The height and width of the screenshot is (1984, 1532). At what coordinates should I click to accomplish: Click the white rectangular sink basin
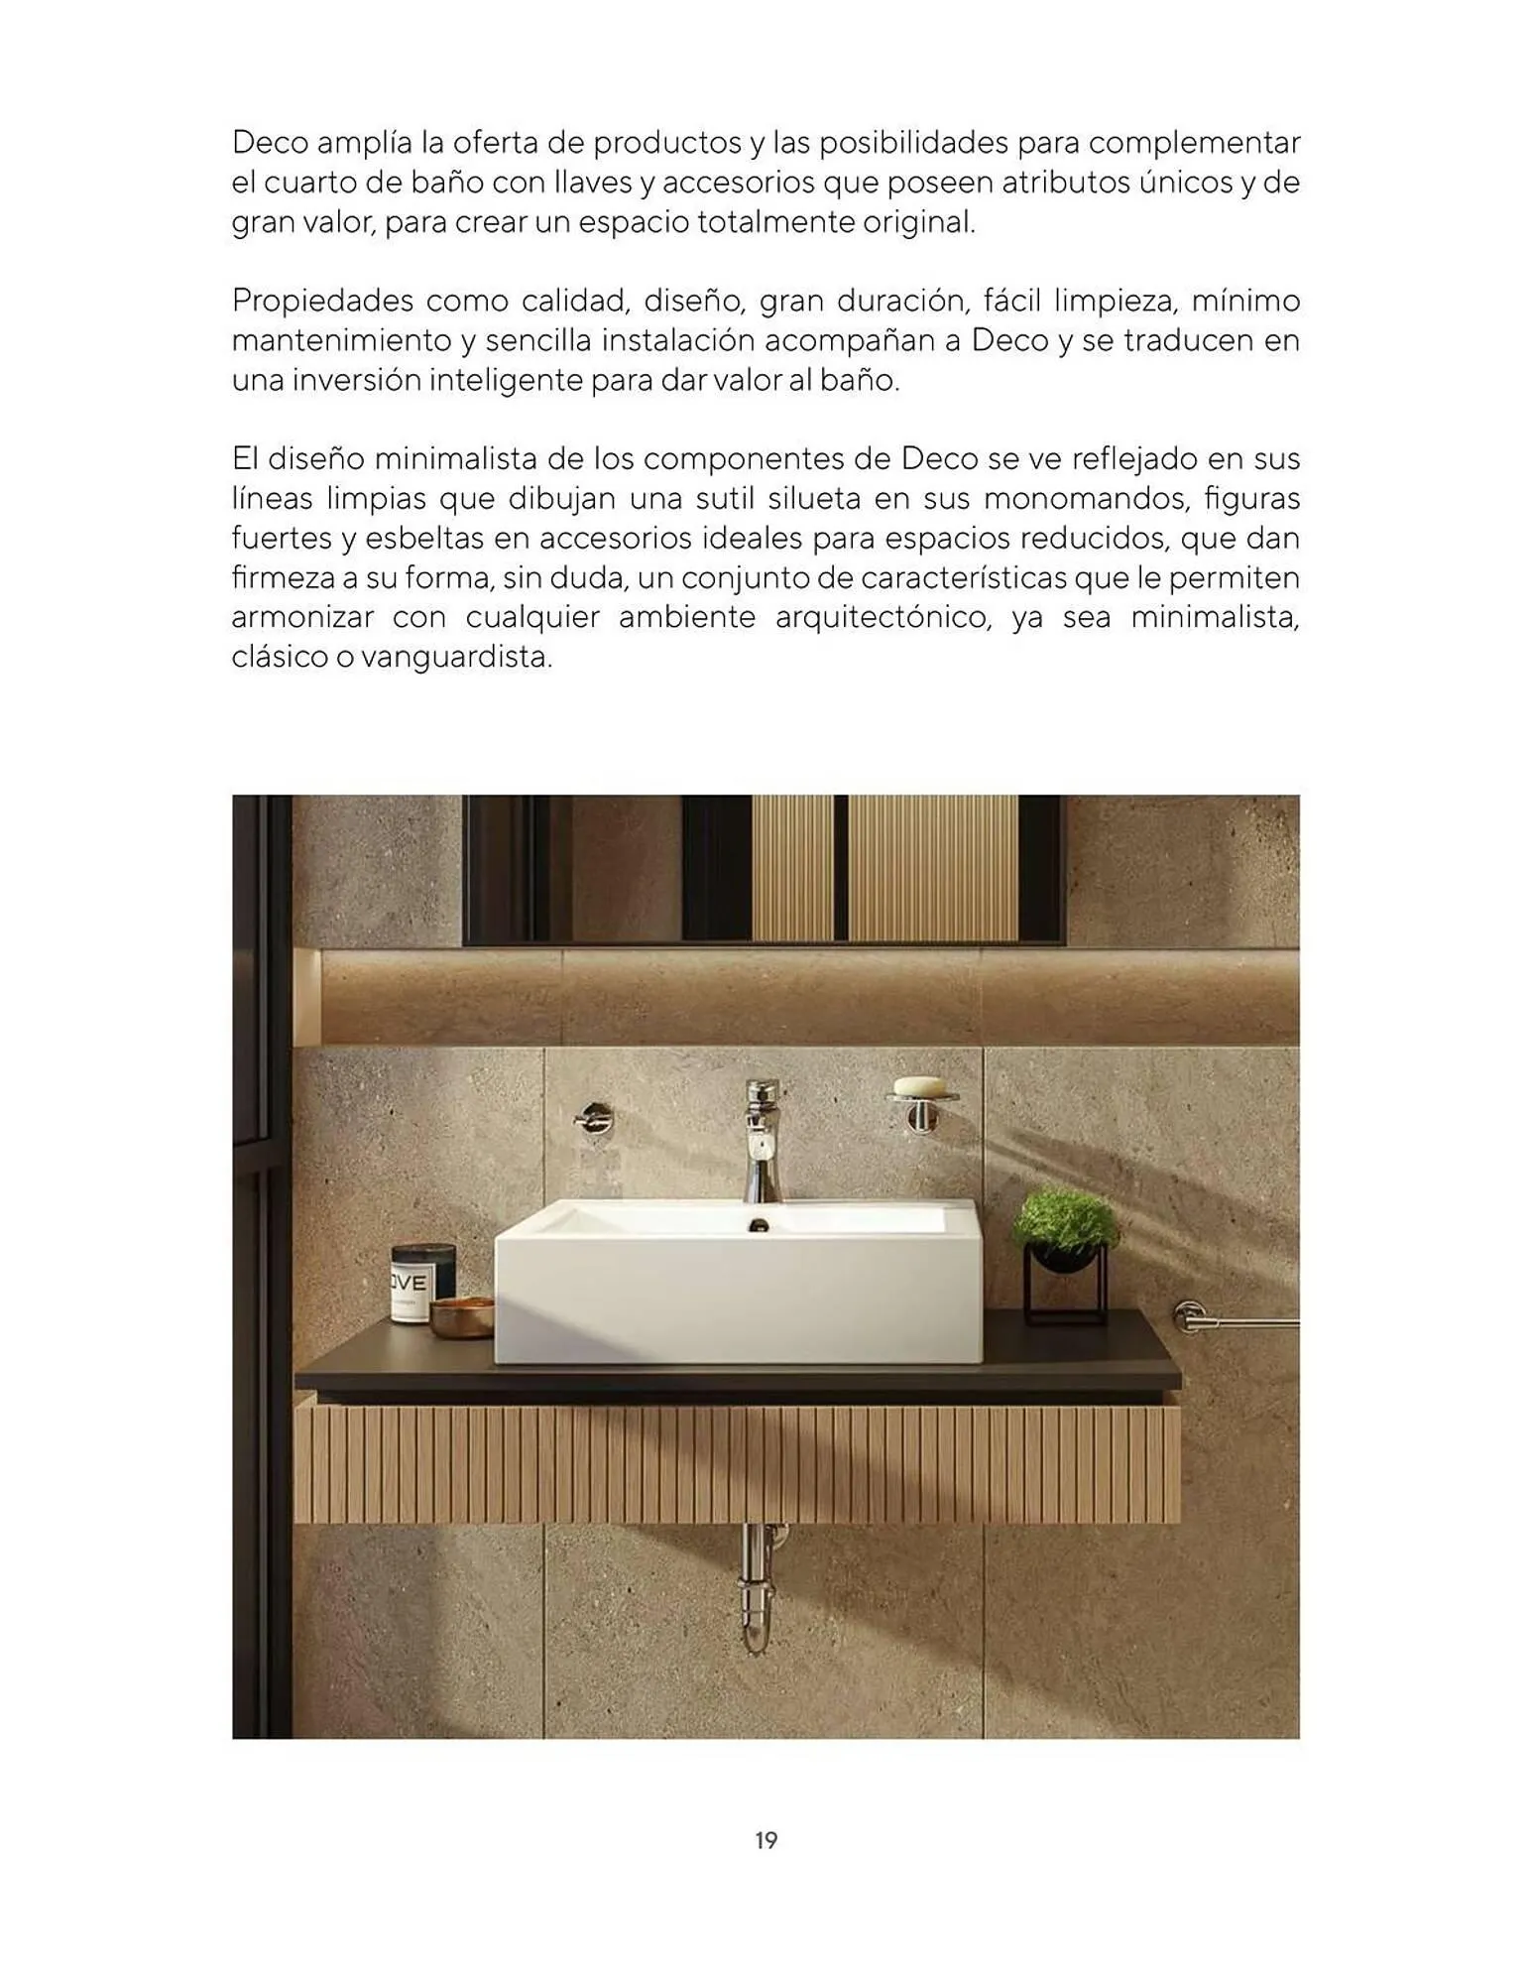(x=736, y=1290)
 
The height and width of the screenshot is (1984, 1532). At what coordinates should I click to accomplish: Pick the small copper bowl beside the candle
(x=462, y=1316)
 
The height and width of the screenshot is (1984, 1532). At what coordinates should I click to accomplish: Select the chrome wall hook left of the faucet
(x=593, y=1118)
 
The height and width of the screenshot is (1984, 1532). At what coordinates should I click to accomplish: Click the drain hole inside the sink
(x=760, y=1225)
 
